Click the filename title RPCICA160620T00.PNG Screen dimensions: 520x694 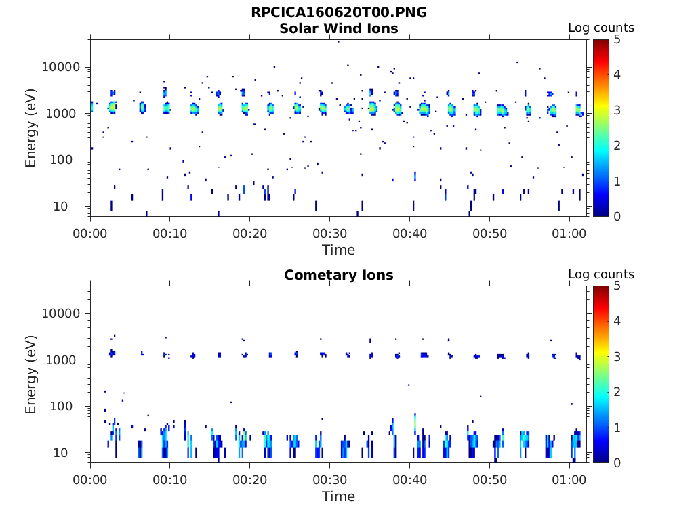tap(339, 12)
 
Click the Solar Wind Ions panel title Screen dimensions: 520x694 tap(339, 28)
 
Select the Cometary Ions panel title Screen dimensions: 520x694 tap(339, 275)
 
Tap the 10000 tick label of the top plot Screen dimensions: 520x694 tap(62, 67)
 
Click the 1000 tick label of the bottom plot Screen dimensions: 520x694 tap(66, 360)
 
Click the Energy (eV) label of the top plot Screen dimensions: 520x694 tap(31, 128)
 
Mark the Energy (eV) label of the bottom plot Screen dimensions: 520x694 tap(31, 374)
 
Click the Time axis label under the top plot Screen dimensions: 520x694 tap(338, 250)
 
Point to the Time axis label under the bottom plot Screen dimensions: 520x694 tap(338, 496)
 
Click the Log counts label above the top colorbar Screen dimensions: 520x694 tap(600, 28)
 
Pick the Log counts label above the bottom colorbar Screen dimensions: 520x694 tap(600, 274)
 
